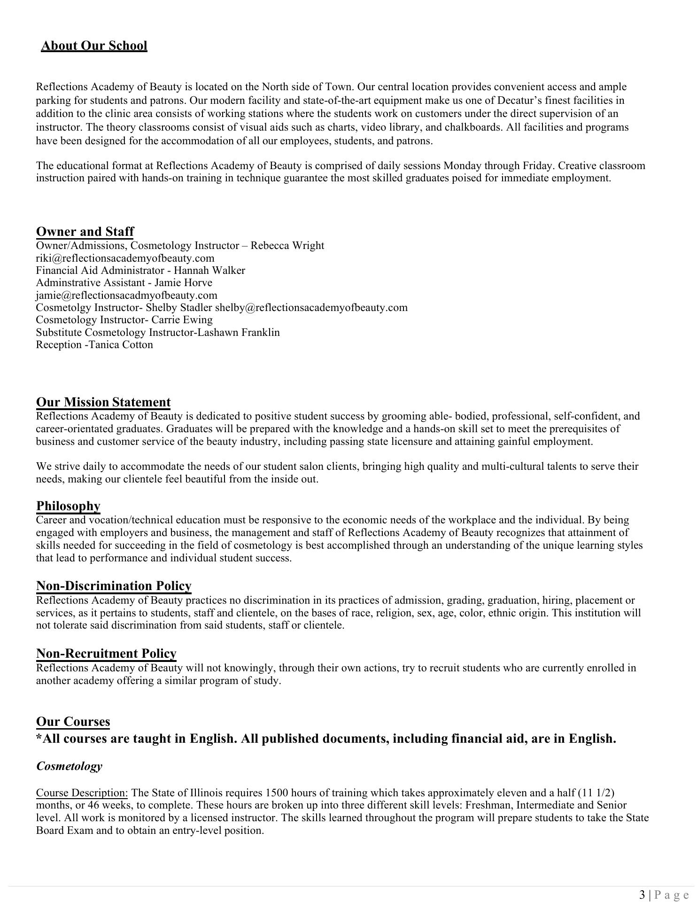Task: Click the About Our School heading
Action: tap(94, 46)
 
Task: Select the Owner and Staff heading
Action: tap(85, 232)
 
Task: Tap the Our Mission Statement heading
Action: tap(103, 402)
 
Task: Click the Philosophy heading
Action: tap(68, 506)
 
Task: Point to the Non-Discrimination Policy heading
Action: tap(114, 586)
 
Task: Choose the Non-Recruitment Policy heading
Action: tap(106, 653)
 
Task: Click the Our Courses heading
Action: tap(73, 722)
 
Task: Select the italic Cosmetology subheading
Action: tap(69, 766)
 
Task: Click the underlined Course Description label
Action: tap(82, 793)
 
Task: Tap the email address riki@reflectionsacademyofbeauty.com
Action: tap(125, 258)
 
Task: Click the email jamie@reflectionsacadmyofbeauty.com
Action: tap(126, 295)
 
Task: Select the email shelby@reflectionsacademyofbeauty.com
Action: tap(311, 308)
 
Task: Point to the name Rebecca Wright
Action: tap(287, 246)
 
